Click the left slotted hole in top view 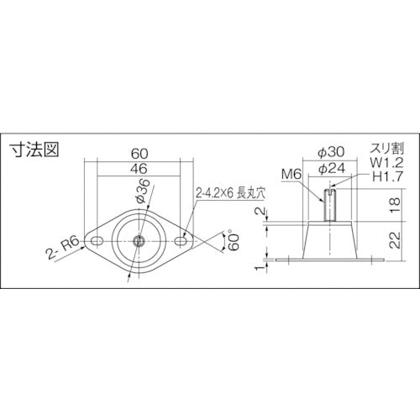97,242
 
